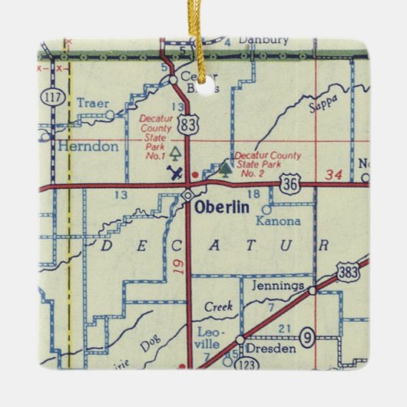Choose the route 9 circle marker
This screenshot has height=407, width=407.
coord(308,336)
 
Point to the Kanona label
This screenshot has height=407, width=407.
coord(276,220)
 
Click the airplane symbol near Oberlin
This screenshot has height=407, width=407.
coord(178,172)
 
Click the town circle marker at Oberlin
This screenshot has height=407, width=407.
coord(187,197)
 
